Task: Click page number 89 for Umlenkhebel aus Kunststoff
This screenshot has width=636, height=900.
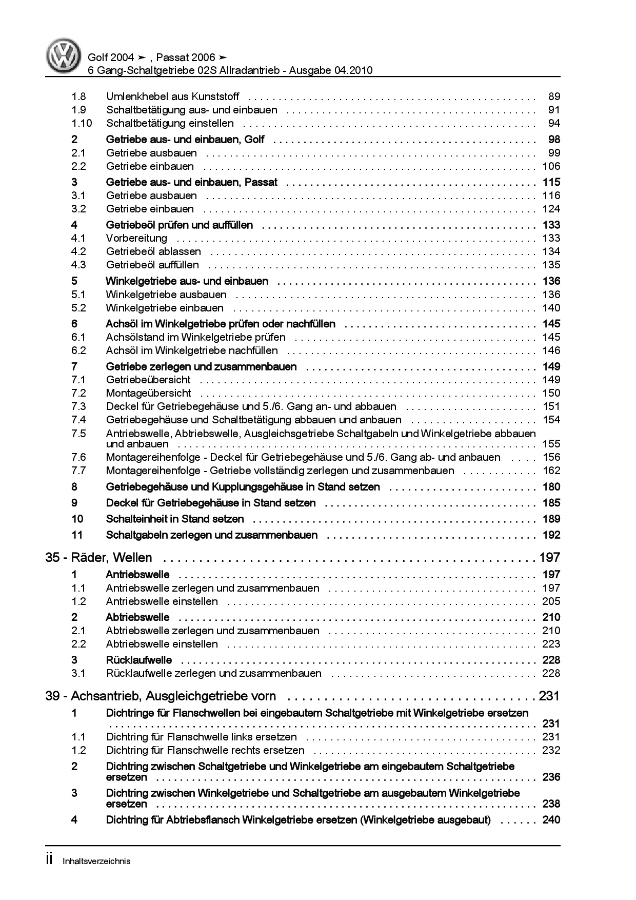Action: [554, 96]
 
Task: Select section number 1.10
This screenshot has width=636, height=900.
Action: [82, 123]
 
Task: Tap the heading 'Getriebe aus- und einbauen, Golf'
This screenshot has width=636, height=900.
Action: [185, 140]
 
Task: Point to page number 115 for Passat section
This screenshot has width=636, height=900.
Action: [551, 182]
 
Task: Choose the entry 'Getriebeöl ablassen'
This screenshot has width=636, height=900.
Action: [153, 251]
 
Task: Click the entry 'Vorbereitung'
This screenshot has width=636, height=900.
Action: [136, 238]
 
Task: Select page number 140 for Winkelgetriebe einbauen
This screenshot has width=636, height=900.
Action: [551, 308]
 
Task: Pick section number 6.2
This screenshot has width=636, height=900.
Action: [78, 350]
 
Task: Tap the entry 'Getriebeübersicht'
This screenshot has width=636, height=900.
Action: [148, 380]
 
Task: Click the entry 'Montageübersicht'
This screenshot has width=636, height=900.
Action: [148, 393]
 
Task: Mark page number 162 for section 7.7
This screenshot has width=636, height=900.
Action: [551, 471]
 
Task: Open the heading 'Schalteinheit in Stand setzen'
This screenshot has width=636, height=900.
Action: [175, 519]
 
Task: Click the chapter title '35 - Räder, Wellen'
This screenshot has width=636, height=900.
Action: [98, 557]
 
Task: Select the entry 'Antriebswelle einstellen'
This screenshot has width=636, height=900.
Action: [162, 601]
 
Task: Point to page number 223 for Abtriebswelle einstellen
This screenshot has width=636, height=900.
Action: [551, 644]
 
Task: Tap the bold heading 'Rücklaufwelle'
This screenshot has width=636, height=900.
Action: [138, 660]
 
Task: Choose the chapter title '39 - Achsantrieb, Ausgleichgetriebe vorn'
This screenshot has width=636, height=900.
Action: [161, 696]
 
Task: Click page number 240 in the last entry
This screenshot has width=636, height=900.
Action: [551, 820]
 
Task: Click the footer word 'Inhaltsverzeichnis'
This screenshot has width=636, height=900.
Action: [96, 861]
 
